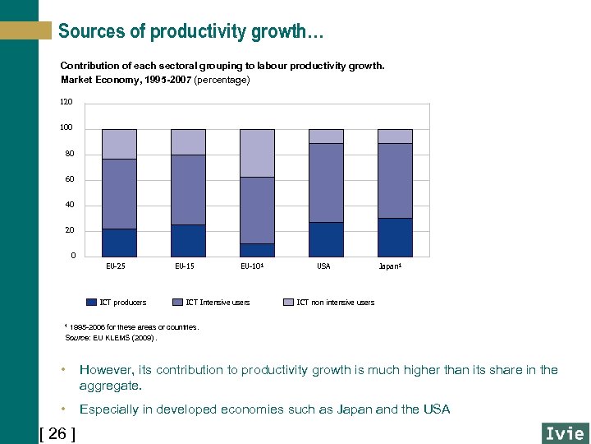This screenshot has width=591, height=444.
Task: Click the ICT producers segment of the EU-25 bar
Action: pyautogui.click(x=119, y=243)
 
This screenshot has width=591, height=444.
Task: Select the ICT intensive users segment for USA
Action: pyautogui.click(x=326, y=183)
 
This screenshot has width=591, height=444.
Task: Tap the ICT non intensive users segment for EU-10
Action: pyautogui.click(x=257, y=153)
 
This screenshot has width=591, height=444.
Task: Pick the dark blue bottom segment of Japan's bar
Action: pyautogui.click(x=395, y=237)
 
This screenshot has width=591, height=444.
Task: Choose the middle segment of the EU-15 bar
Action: pyautogui.click(x=188, y=190)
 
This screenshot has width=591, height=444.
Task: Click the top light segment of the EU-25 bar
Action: pyautogui.click(x=119, y=144)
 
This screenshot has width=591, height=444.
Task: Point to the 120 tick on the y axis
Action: pyautogui.click(x=66, y=102)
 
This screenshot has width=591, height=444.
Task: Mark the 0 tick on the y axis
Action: pyautogui.click(x=72, y=256)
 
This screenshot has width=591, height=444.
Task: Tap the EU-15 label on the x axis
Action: pyautogui.click(x=185, y=266)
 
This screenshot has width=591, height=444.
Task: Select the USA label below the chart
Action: pyautogui.click(x=323, y=266)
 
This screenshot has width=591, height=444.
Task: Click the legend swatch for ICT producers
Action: pyautogui.click(x=91, y=302)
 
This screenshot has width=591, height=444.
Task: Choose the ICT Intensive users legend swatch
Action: pyautogui.click(x=177, y=302)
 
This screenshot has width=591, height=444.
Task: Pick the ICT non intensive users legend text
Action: pyautogui.click(x=335, y=303)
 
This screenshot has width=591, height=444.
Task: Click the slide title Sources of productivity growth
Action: pyautogui.click(x=190, y=31)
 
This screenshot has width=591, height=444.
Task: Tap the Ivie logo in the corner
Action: pyautogui.click(x=565, y=433)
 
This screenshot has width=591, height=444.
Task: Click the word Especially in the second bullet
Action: pyautogui.click(x=111, y=409)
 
